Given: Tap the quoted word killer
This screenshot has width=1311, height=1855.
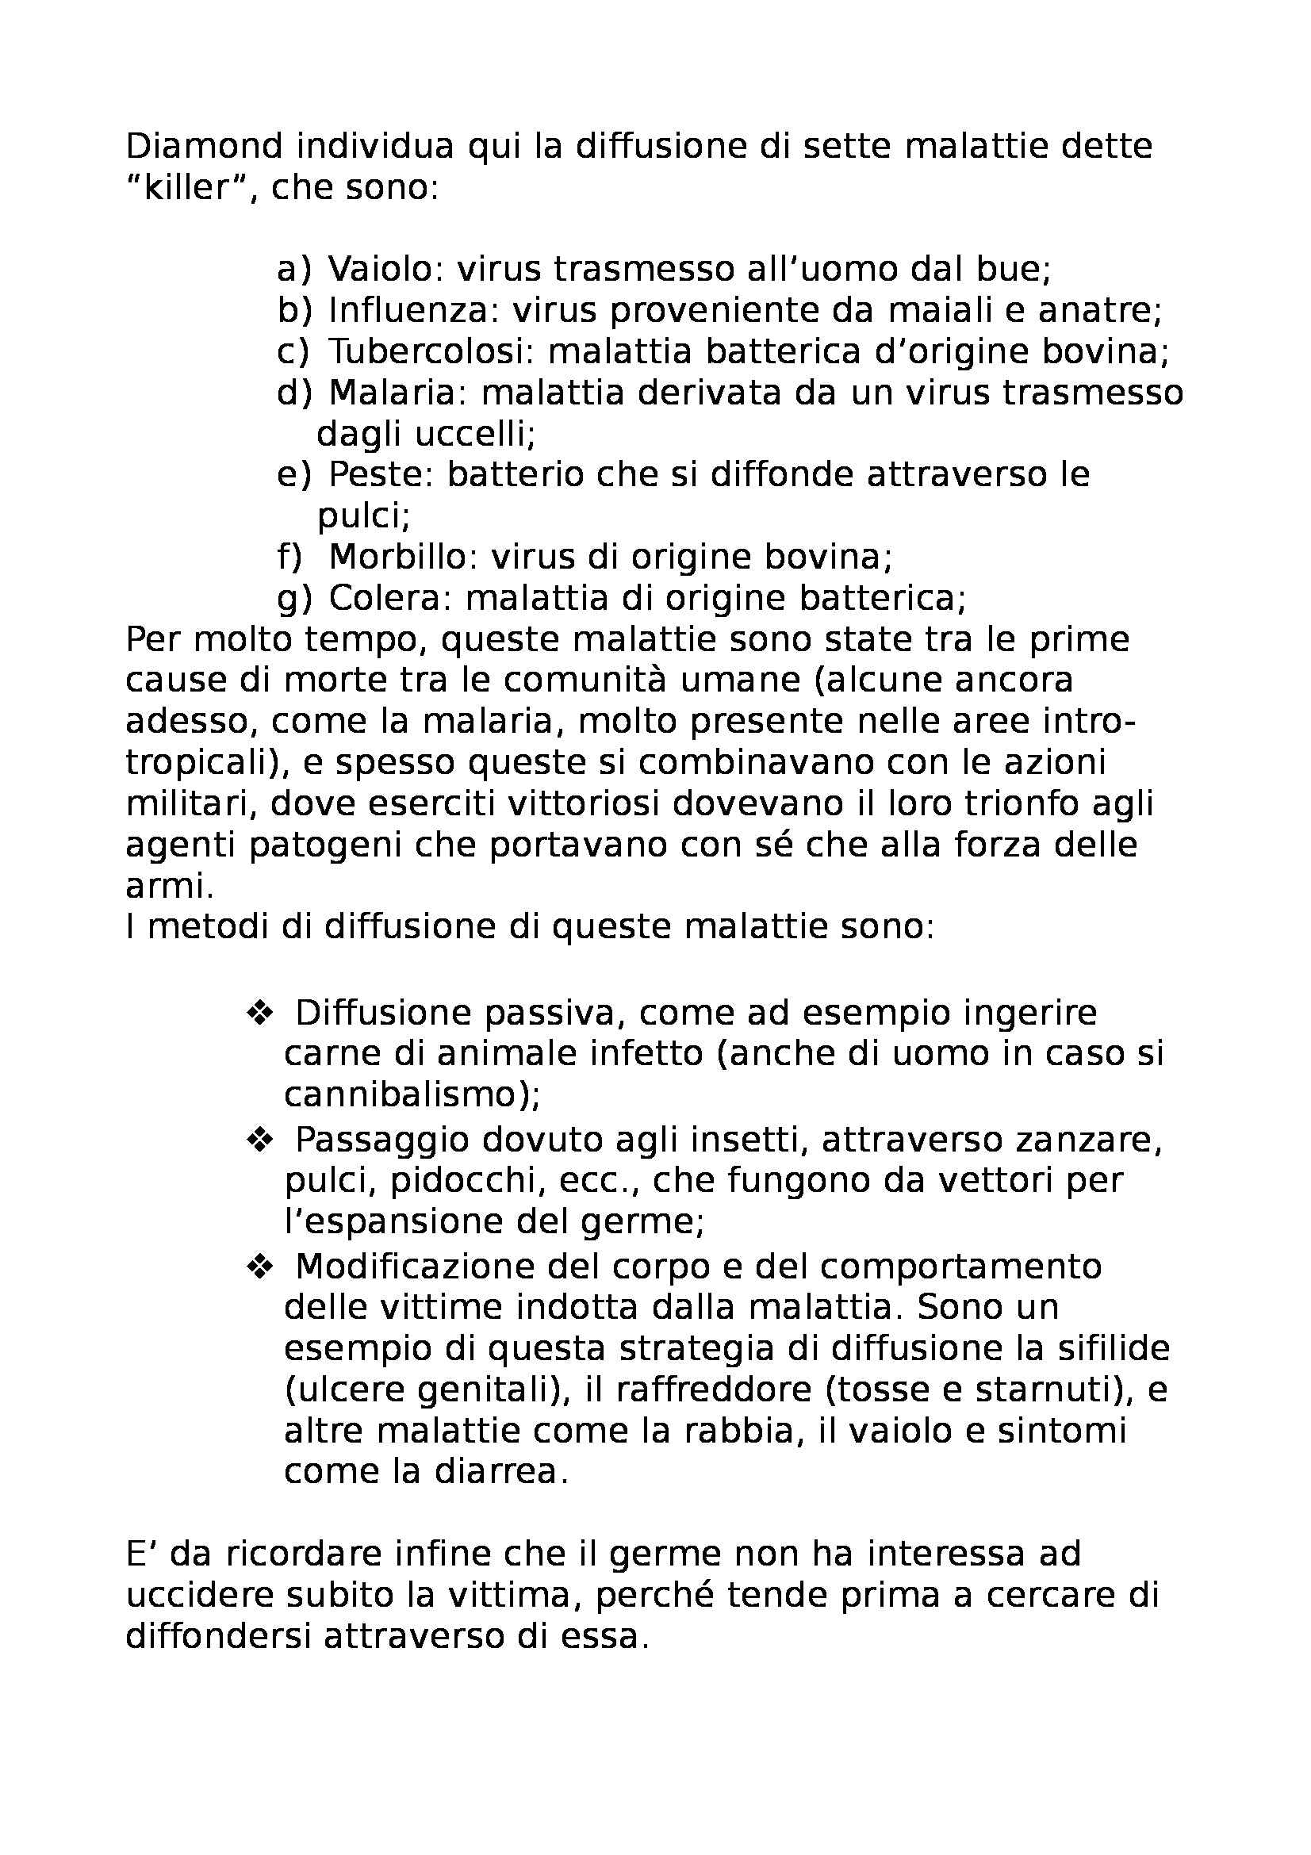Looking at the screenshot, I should click(x=183, y=188).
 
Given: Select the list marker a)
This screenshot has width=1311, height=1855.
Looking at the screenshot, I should click(x=293, y=269).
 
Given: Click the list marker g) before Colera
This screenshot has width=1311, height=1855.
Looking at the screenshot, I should click(x=294, y=599).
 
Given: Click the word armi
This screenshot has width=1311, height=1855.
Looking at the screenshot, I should click(x=169, y=887).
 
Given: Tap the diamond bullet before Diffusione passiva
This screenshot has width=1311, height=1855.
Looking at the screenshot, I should click(x=261, y=1012).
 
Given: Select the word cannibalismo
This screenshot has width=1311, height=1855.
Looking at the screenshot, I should click(x=410, y=1094).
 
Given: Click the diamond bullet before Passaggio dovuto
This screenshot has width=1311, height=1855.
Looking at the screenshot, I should click(x=261, y=1140).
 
